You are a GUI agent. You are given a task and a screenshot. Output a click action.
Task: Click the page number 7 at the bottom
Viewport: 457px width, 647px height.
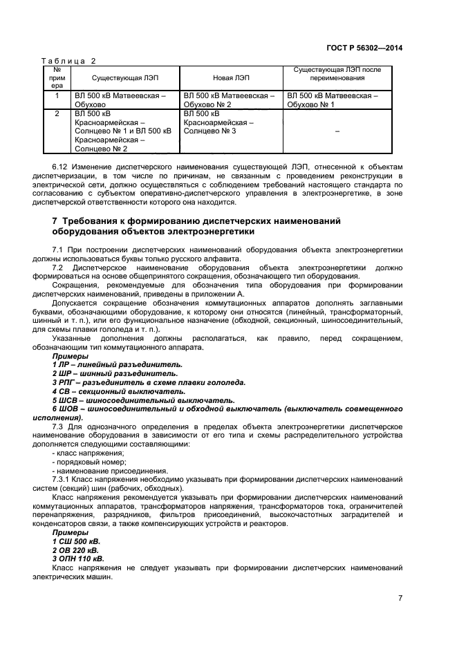click(x=400, y=599)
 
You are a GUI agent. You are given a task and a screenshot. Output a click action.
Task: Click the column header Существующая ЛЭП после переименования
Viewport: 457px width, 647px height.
click(x=337, y=74)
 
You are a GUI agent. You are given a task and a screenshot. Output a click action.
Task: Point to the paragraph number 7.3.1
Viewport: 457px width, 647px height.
click(x=63, y=479)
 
